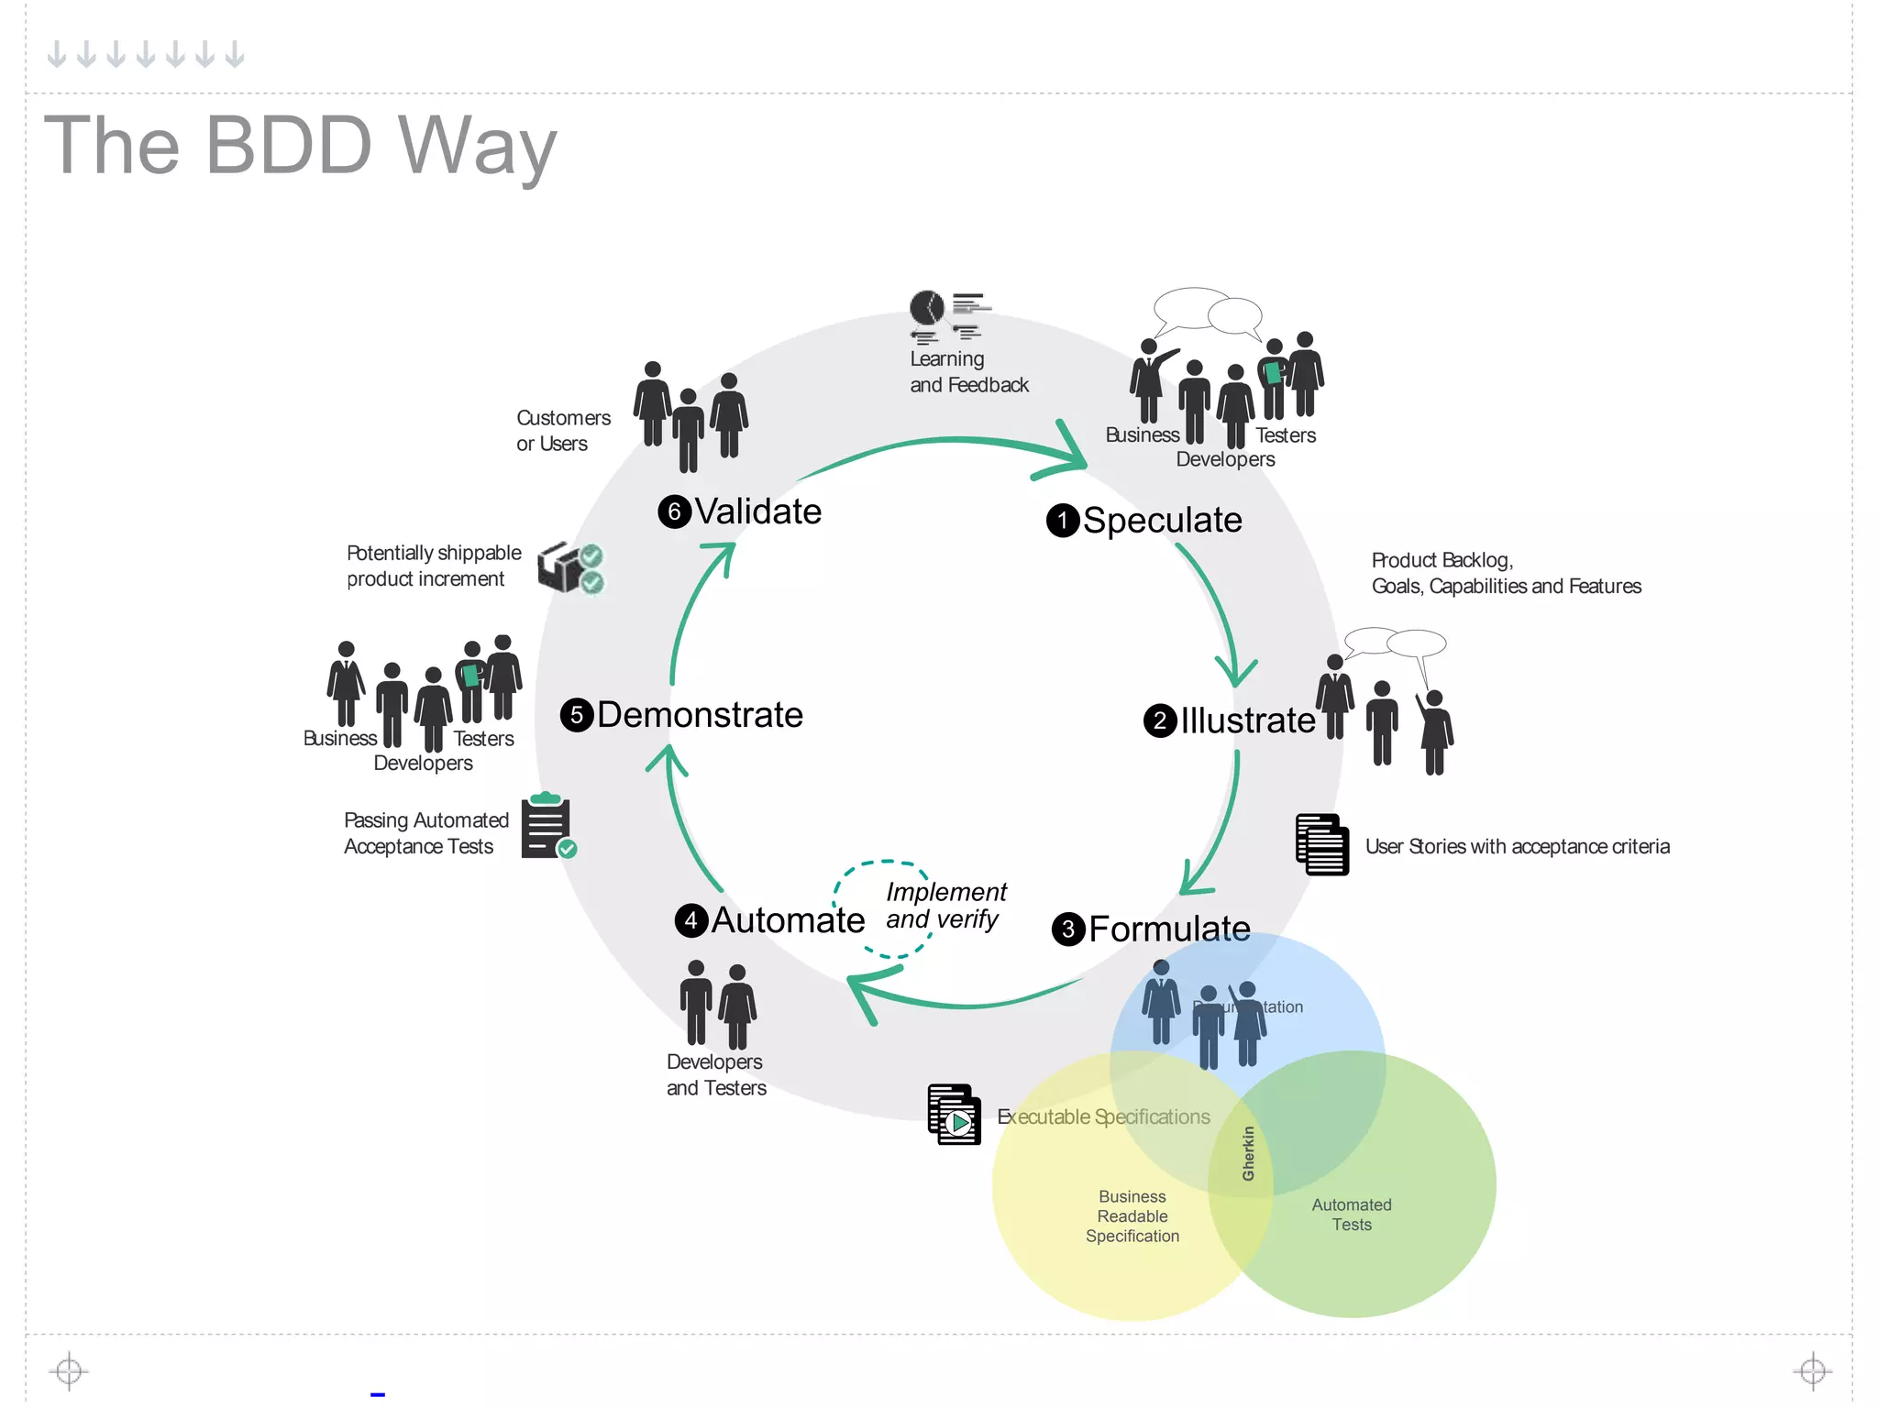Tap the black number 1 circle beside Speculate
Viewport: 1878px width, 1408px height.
click(x=1062, y=521)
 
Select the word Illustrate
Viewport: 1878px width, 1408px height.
click(x=1247, y=720)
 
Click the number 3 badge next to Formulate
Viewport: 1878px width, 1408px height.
click(x=1067, y=929)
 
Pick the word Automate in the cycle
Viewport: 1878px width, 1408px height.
click(x=788, y=920)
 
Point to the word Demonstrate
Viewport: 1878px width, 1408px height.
click(x=700, y=715)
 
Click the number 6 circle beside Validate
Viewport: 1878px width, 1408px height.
click(x=674, y=511)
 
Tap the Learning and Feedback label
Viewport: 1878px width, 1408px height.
click(x=968, y=372)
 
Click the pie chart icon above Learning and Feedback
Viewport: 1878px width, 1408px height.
click(x=926, y=307)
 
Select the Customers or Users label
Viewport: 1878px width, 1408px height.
click(x=563, y=431)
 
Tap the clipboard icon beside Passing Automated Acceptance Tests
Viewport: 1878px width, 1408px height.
click(x=547, y=827)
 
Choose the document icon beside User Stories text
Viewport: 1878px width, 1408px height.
click(x=1321, y=844)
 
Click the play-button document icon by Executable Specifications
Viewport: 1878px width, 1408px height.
click(x=954, y=1115)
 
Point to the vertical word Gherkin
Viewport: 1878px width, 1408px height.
click(x=1248, y=1153)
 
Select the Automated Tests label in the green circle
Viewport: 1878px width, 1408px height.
click(x=1351, y=1215)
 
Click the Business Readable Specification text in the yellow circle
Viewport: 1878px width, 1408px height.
click(x=1132, y=1216)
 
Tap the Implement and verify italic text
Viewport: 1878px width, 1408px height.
click(x=945, y=906)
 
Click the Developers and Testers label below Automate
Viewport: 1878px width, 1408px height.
click(x=716, y=1075)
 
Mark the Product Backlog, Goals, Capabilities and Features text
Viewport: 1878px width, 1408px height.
click(x=1506, y=573)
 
